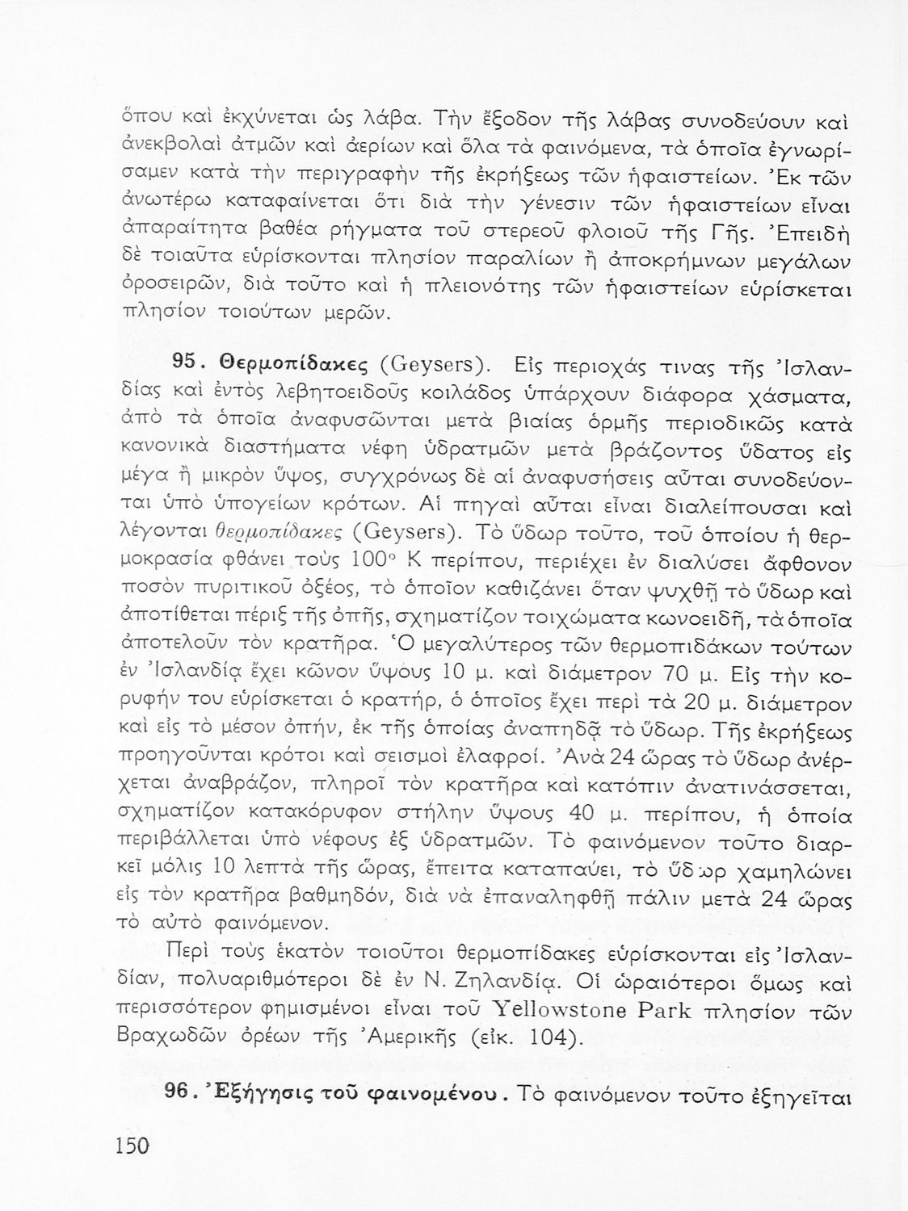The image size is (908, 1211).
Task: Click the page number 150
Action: click(x=134, y=1144)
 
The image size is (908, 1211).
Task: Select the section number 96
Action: click(x=179, y=1092)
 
